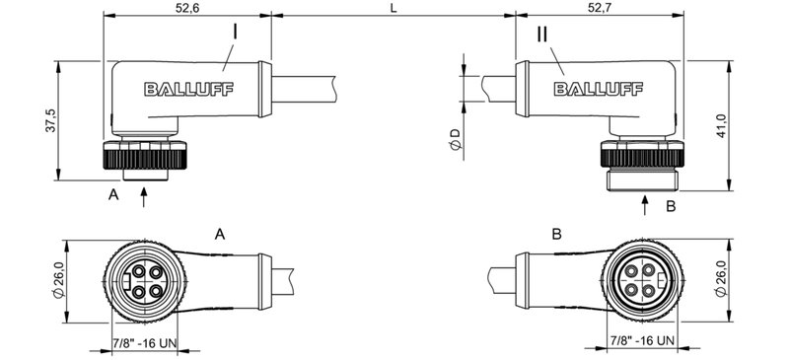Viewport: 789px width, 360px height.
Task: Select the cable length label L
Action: [x=394, y=9]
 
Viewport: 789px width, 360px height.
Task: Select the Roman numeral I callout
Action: [x=234, y=33]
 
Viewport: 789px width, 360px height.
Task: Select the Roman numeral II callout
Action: [x=542, y=35]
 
